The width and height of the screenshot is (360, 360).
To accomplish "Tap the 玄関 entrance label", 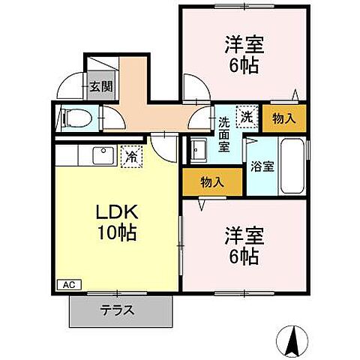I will [x=101, y=87].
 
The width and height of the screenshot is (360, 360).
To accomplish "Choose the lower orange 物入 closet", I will [x=212, y=181].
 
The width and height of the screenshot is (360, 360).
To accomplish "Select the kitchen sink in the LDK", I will [x=100, y=156].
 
